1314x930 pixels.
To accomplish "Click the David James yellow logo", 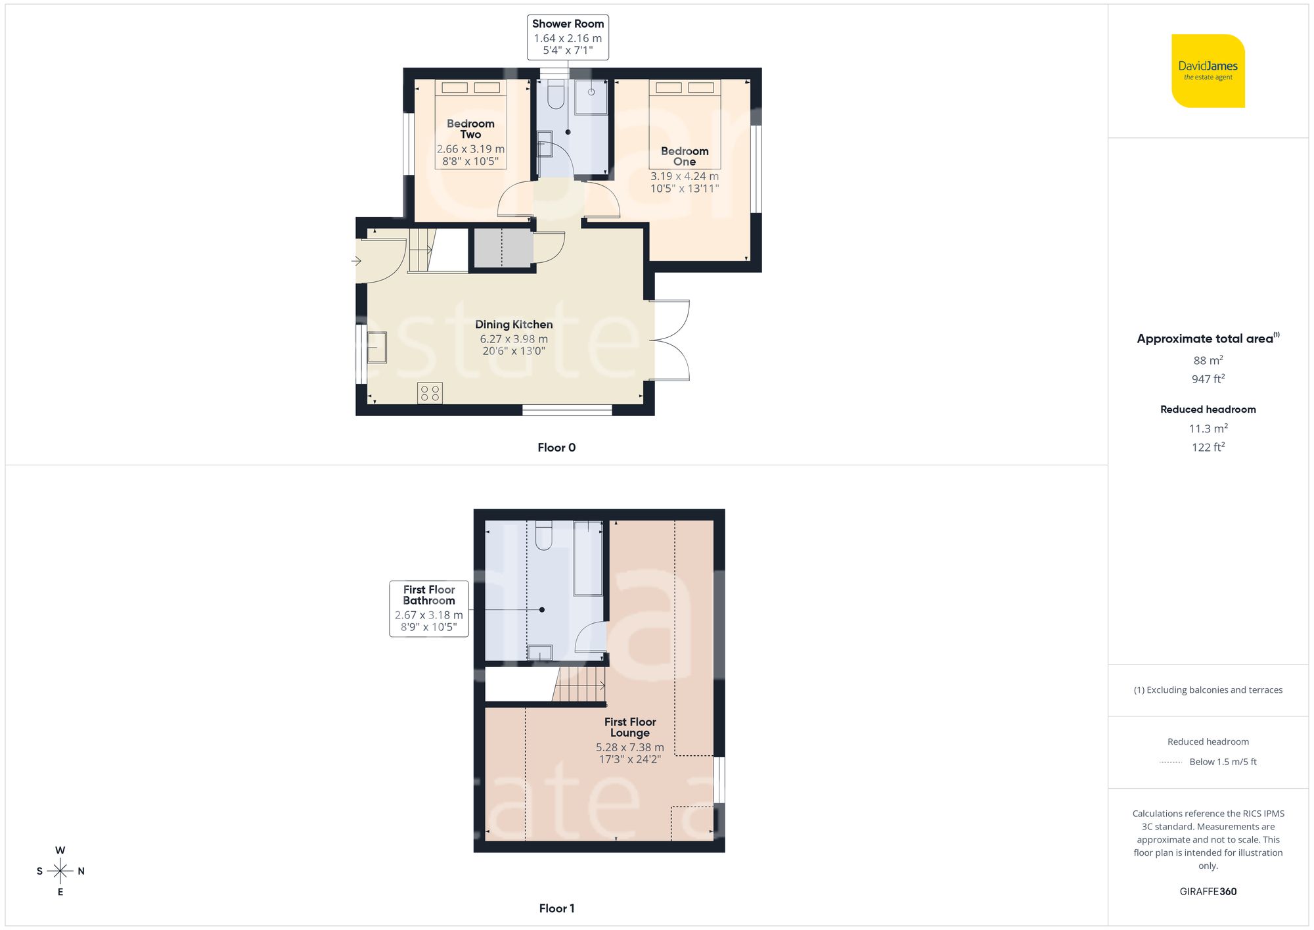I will coord(1208,71).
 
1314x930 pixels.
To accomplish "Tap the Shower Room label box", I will coord(568,37).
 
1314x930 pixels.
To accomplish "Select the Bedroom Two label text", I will coord(470,129).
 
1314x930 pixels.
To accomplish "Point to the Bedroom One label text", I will coord(685,156).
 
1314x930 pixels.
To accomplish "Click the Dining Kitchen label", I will coord(514,325).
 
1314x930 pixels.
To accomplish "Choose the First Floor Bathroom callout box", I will coord(429,609).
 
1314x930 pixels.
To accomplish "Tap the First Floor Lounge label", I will coord(630,728).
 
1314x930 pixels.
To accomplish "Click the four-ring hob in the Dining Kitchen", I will coord(430,393).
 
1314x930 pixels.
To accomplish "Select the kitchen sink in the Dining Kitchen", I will coord(376,347).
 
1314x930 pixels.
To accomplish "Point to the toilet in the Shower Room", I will coord(556,95).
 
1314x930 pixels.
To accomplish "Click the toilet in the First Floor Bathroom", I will coord(543,535).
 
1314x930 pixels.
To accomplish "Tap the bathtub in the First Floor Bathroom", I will coord(588,558).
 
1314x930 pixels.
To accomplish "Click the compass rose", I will coord(60,871).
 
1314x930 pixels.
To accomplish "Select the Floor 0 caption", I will coord(556,448).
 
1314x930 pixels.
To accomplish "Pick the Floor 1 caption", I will coord(556,908).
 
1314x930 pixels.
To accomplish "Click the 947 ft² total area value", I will coord(1208,379).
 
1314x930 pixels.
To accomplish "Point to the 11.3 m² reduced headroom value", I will coord(1208,429).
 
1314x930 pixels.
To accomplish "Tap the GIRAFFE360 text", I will coord(1208,892).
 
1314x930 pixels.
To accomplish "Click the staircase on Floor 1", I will coord(579,685).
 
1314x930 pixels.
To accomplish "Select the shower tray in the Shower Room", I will coord(591,97).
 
